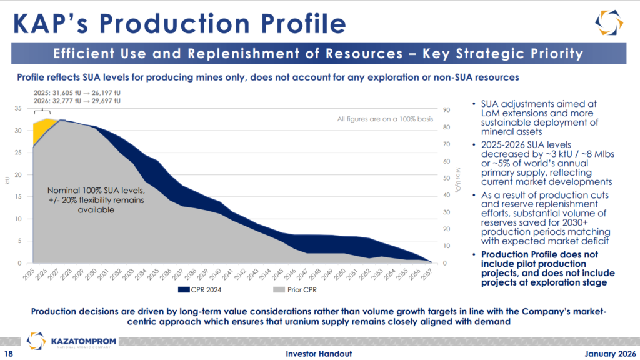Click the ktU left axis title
point(7,181)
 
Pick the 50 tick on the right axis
point(444,178)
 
